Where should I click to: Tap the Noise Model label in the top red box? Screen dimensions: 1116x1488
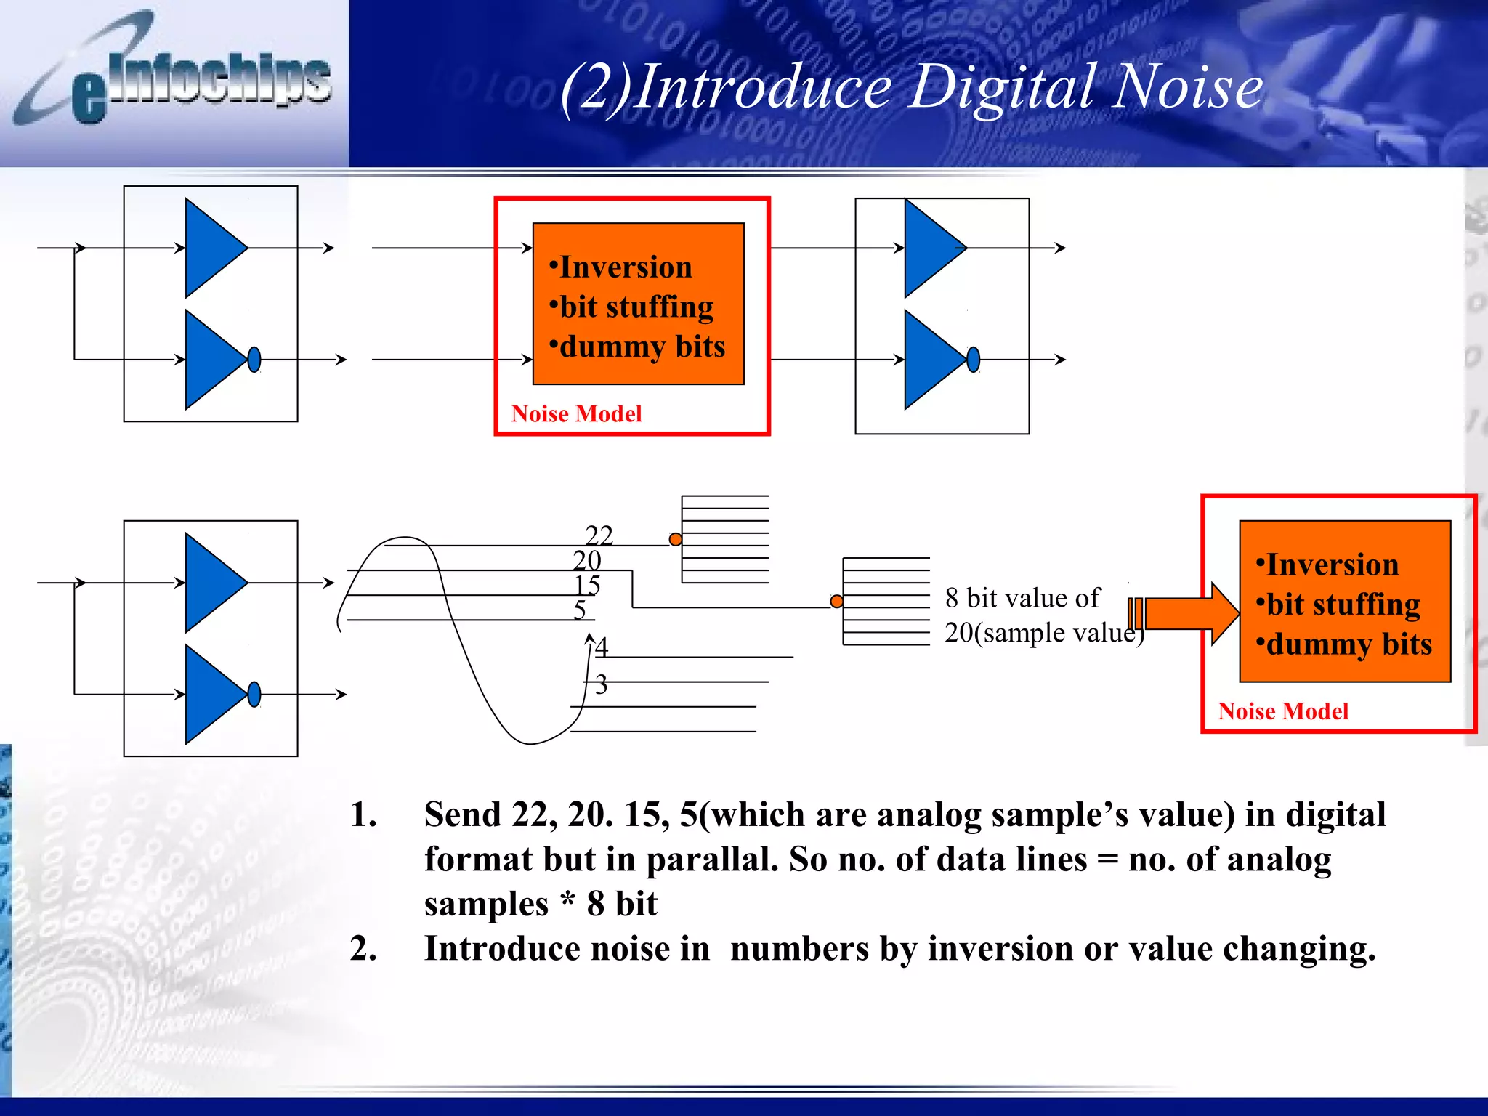click(x=576, y=414)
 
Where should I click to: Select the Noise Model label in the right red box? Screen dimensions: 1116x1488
click(x=1283, y=711)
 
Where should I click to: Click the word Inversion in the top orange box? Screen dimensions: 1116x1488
click(x=626, y=267)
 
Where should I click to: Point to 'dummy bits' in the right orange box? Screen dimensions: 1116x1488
click(x=1348, y=644)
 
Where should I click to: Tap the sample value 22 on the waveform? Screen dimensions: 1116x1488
click(x=599, y=535)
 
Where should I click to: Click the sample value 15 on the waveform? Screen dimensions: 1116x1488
click(x=587, y=585)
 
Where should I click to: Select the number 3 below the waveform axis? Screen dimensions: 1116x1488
click(x=601, y=684)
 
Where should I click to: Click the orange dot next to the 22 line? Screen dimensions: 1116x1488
click(x=676, y=539)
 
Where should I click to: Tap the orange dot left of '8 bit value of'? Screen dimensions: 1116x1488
click(x=837, y=601)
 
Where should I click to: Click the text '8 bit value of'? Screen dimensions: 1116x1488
click(x=1022, y=598)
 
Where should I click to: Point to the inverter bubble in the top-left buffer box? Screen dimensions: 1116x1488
click(x=254, y=359)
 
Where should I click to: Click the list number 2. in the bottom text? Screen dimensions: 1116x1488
click(x=363, y=948)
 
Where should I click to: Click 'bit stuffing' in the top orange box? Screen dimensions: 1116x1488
click(x=636, y=307)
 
